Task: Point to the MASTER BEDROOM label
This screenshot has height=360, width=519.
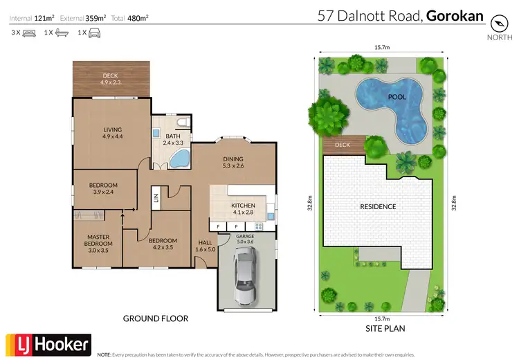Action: [98, 240]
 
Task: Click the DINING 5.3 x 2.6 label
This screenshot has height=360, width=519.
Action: [234, 162]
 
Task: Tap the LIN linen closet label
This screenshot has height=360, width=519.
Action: [156, 199]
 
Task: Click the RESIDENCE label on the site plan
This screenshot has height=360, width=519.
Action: [377, 206]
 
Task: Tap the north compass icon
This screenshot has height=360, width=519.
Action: [498, 23]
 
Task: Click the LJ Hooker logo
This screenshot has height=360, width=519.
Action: [48, 344]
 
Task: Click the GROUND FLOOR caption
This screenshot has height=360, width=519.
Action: [155, 318]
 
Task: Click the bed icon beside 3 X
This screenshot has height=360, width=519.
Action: [29, 33]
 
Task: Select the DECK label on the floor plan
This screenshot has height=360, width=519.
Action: [111, 76]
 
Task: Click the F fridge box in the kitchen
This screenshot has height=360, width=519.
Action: [218, 226]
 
